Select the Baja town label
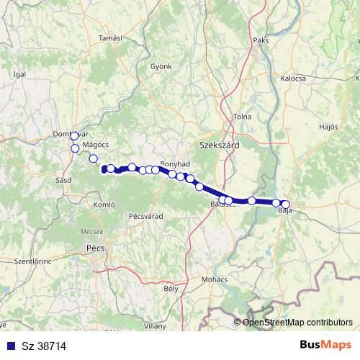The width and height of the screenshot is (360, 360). pos(285,211)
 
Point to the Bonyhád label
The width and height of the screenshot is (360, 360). pos(174,164)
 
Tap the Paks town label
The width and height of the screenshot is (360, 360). pos(261,40)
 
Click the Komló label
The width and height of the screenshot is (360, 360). pos(104,204)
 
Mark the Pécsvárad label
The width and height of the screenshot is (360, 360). pos(140,215)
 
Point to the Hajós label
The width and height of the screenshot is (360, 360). pos(328,127)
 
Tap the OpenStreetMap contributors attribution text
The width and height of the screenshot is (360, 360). pos(297,323)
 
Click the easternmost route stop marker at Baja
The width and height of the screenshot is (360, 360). pos(286,204)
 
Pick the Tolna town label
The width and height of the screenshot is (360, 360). pos(241,117)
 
